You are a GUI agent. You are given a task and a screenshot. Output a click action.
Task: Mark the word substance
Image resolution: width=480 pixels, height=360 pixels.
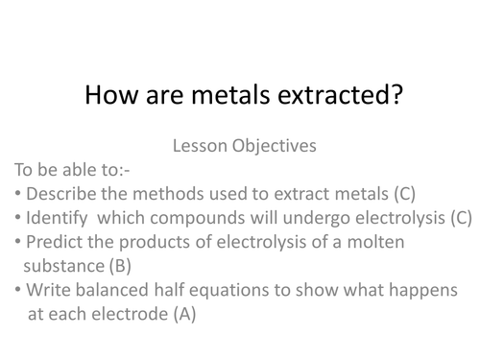pyautogui.click(x=61, y=265)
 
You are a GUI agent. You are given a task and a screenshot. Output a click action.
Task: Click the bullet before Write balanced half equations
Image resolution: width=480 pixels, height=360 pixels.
pyautogui.click(x=19, y=290)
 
